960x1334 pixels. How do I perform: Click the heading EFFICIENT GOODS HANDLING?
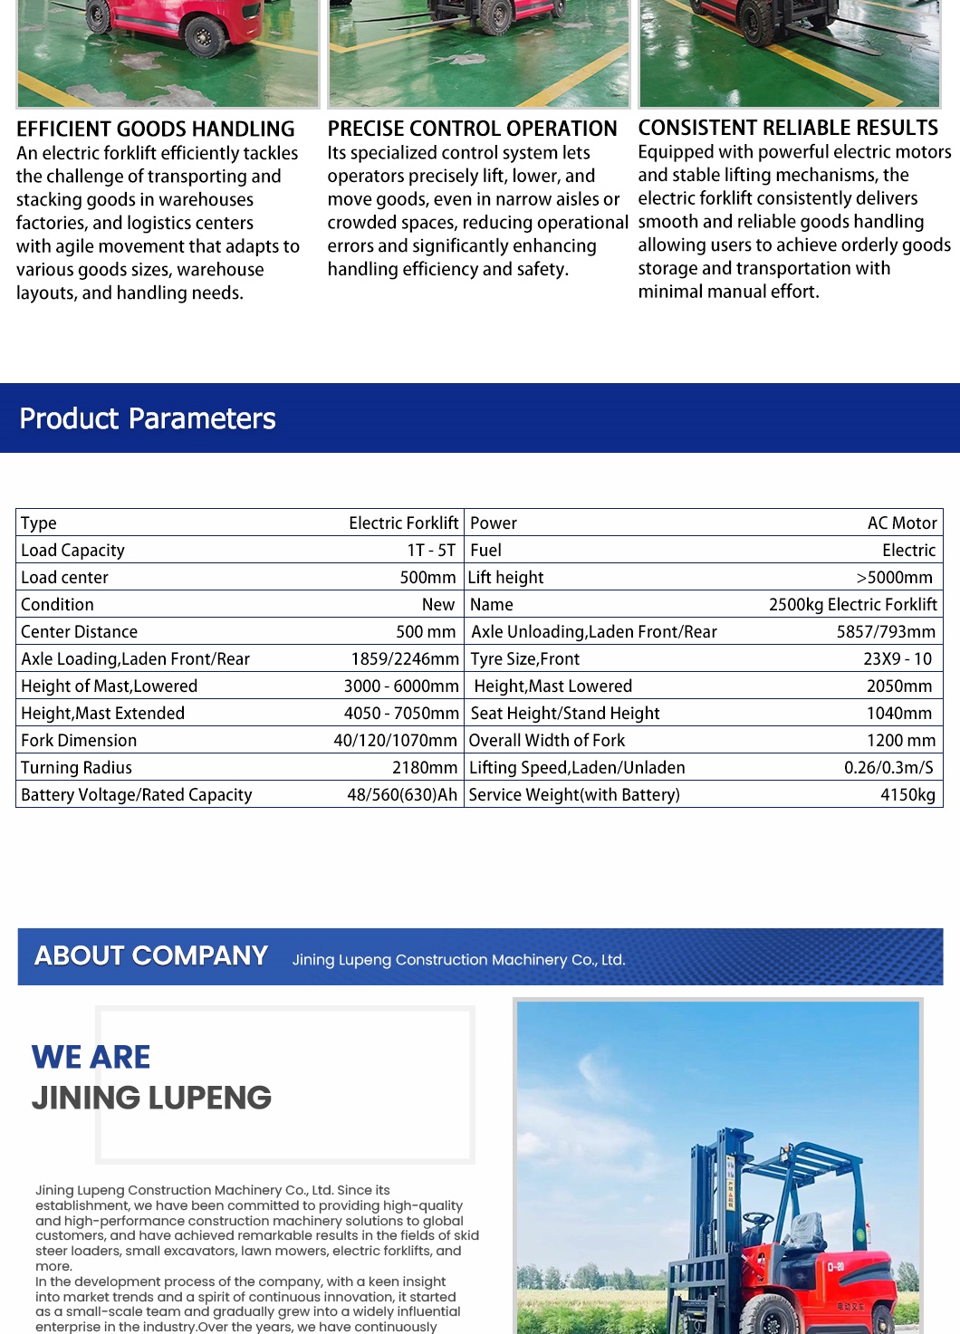(x=156, y=130)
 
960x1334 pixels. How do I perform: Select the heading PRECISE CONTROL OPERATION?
(x=472, y=130)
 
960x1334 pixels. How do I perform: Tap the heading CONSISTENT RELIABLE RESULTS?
(x=788, y=129)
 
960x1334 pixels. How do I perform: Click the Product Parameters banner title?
(x=148, y=418)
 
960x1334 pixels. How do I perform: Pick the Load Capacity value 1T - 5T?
(x=431, y=551)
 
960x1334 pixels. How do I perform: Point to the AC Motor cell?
(x=901, y=523)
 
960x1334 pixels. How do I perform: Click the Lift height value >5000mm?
(x=894, y=578)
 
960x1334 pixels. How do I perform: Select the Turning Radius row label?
(x=77, y=768)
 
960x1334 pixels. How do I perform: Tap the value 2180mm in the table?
(x=424, y=768)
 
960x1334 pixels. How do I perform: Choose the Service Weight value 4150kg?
(x=907, y=795)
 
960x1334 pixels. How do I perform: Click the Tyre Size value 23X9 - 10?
(x=897, y=659)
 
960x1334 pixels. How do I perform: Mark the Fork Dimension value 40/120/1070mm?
(x=395, y=741)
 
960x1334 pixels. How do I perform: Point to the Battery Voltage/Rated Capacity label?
(x=137, y=795)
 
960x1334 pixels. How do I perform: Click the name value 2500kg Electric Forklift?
(x=852, y=605)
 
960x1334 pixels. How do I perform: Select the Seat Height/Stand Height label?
(x=565, y=714)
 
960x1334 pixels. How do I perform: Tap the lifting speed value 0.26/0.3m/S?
(x=888, y=768)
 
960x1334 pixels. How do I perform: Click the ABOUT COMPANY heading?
(x=151, y=956)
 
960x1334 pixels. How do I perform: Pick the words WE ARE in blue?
(x=91, y=1057)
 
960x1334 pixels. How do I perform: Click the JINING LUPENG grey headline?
(x=151, y=1098)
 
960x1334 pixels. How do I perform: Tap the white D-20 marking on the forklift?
(x=835, y=1266)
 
